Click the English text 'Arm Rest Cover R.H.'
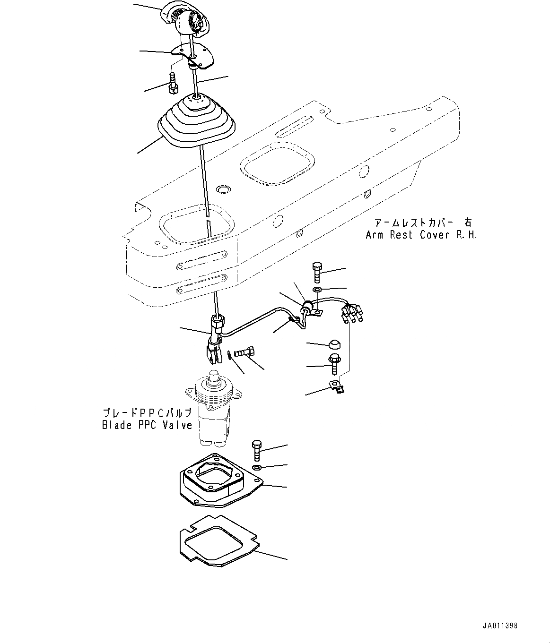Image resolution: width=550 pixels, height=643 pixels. coord(420,235)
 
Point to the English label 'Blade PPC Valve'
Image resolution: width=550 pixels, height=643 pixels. coord(147,425)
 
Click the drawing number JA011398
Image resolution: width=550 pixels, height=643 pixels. coord(500,626)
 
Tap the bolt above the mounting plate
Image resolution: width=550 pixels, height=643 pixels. coord(256,450)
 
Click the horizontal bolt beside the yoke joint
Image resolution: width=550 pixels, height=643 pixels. coord(244,352)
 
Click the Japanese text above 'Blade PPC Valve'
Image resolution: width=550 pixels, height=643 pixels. coord(147,412)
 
